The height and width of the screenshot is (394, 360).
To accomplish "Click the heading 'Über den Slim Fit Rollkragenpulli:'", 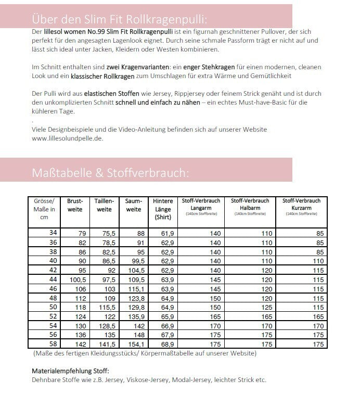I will point(119,19).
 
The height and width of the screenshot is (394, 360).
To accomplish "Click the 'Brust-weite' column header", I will point(75,205).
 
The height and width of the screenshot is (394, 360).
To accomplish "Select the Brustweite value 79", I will point(81,233).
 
